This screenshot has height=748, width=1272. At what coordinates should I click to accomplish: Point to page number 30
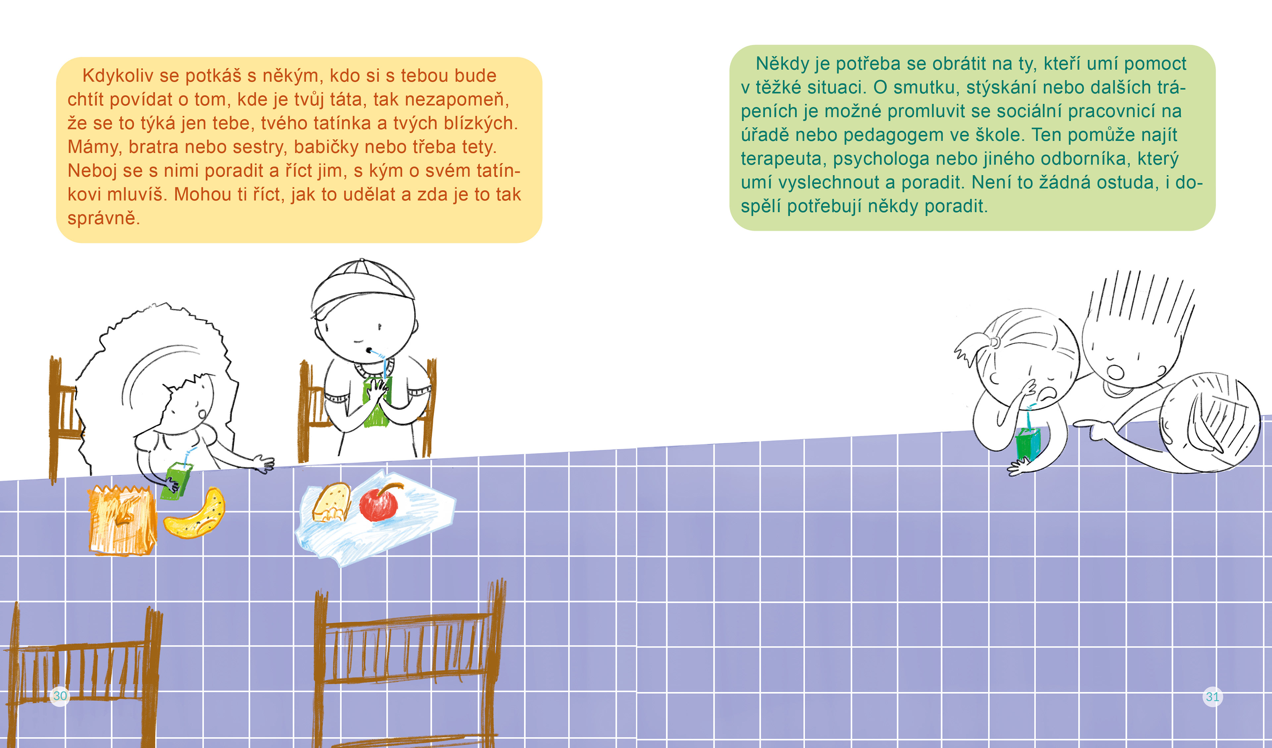[60, 696]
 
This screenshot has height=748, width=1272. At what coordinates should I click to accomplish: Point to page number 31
[1212, 697]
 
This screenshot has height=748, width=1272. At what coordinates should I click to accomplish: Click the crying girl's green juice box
[1028, 444]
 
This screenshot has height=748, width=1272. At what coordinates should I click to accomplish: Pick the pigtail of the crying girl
[971, 348]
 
